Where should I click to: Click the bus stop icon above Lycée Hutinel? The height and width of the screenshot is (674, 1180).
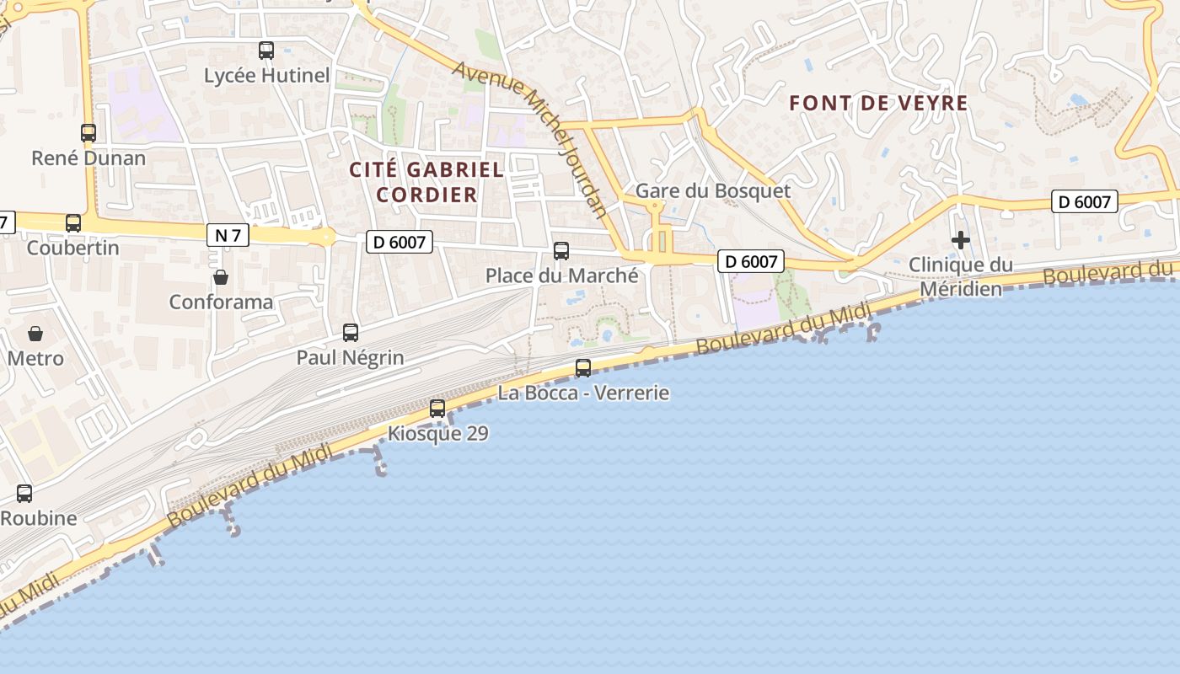266,51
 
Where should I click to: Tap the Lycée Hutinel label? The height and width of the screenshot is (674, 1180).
266,75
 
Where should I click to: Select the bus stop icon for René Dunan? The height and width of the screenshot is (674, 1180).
88,132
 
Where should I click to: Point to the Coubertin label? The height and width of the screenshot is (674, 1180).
73,248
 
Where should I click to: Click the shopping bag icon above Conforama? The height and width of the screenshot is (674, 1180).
221,277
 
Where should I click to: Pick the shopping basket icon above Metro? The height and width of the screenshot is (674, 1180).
35,334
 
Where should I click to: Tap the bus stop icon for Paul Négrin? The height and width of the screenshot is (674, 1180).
351,333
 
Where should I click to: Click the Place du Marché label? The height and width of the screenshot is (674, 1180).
561,275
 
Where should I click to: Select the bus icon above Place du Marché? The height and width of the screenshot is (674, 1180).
561,251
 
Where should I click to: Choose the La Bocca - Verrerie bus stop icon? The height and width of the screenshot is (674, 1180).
583,368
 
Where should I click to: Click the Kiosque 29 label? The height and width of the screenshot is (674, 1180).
437,433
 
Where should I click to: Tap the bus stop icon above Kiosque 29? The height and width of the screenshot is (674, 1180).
437,409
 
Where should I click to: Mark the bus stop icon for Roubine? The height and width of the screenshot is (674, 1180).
24,494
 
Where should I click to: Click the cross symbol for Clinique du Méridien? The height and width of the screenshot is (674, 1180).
960,241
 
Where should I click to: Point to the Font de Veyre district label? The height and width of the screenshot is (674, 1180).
878,104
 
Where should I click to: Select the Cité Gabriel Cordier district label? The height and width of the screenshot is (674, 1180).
426,182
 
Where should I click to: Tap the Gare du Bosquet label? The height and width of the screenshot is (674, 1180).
712,190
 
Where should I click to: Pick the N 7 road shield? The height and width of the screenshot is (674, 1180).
228,235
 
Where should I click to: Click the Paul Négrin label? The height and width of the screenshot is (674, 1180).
350,357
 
